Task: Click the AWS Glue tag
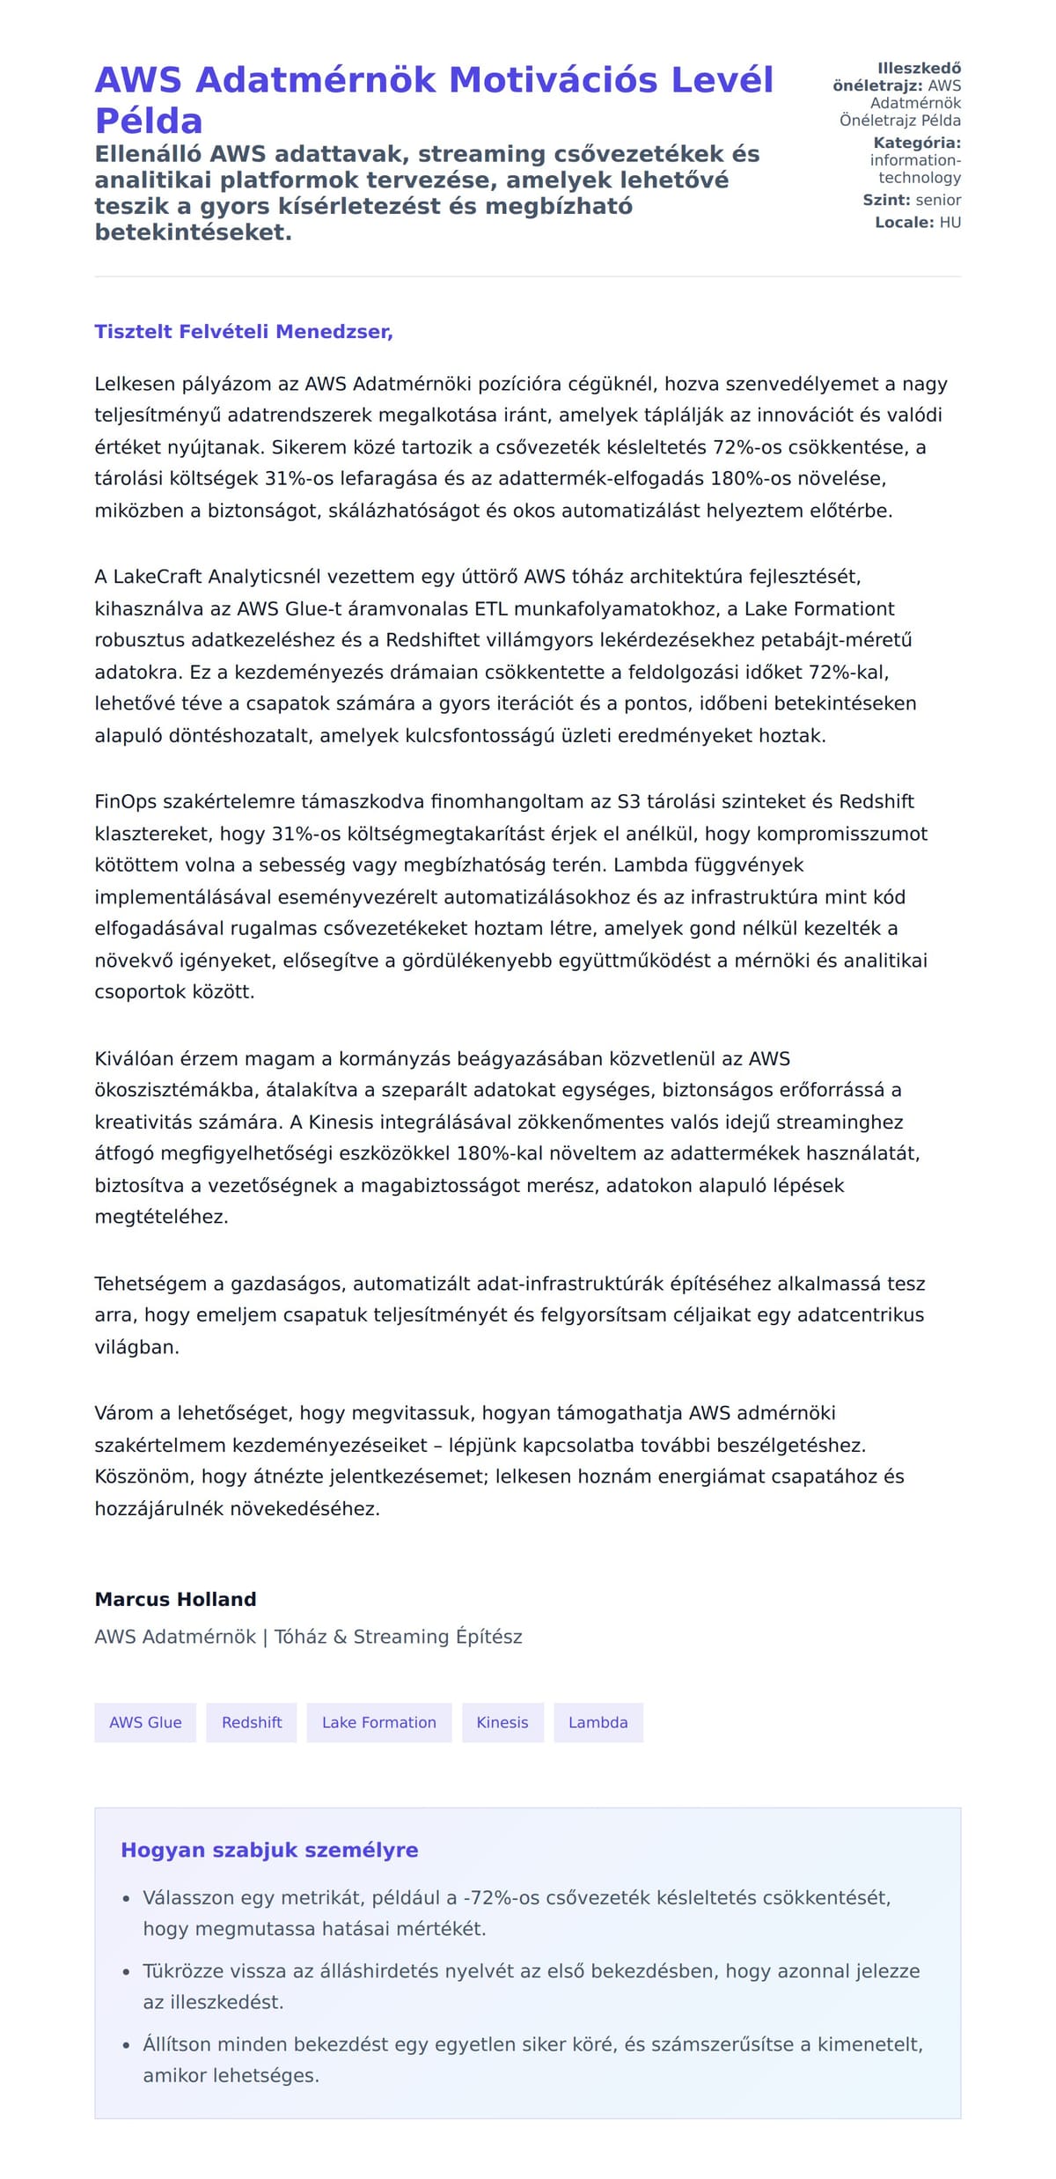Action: [x=145, y=1722]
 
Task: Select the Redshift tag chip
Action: [x=252, y=1722]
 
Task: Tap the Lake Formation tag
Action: [x=378, y=1722]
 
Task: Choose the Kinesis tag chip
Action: [x=502, y=1722]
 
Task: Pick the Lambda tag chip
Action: [x=598, y=1722]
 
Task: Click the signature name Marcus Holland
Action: [x=175, y=1599]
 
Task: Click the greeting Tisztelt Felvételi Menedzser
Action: [x=243, y=332]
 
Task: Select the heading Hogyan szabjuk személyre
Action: [x=269, y=1850]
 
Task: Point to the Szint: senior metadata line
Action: [x=912, y=200]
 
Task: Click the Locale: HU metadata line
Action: [x=917, y=223]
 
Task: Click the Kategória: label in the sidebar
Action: [x=916, y=143]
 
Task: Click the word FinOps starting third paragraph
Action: [x=122, y=802]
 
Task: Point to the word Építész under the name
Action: [x=488, y=1637]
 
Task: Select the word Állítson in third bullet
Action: [x=178, y=2044]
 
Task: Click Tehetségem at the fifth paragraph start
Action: [x=147, y=1284]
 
